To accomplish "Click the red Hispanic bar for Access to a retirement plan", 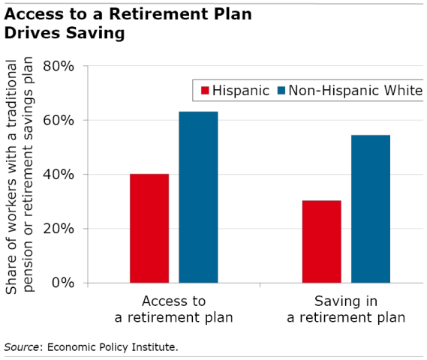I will tap(149, 228).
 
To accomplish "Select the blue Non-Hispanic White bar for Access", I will tap(198, 197).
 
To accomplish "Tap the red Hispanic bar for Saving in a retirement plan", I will tap(321, 241).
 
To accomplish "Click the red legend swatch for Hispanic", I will tap(203, 91).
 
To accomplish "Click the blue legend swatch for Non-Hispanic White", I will tap(281, 91).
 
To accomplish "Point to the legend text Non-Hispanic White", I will tap(350, 91).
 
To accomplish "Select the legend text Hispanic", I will tap(239, 91).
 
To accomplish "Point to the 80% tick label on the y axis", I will tap(58, 66).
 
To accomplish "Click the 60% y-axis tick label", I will tap(58, 120).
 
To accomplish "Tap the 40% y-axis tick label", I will tap(58, 175).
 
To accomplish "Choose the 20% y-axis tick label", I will tap(58, 229).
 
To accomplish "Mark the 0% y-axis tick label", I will tap(62, 283).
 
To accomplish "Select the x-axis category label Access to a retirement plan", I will tap(173, 309).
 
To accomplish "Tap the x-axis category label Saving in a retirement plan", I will tap(346, 309).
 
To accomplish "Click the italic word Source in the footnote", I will tap(20, 346).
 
